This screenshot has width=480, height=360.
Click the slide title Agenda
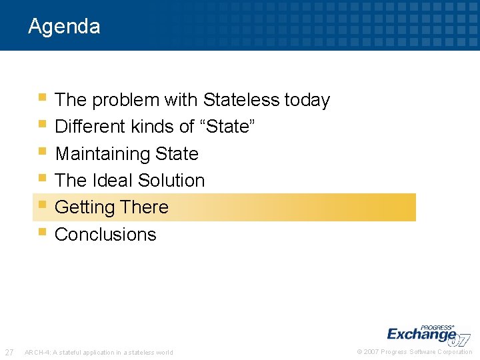(x=64, y=27)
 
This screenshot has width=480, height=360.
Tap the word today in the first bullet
(x=307, y=100)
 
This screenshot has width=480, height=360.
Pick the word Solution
(x=176, y=181)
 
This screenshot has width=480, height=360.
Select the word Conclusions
(x=105, y=235)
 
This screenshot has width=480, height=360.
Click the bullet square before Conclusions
(x=42, y=232)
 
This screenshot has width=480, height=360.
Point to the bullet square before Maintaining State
(x=42, y=151)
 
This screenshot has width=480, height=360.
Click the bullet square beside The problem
(x=42, y=97)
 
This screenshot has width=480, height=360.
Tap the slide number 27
(x=9, y=352)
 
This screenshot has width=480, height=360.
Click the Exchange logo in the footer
(x=427, y=333)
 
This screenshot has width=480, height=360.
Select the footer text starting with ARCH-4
(x=99, y=353)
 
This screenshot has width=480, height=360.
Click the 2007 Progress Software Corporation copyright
(x=415, y=352)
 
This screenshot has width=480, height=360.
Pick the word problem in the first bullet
(x=123, y=101)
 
